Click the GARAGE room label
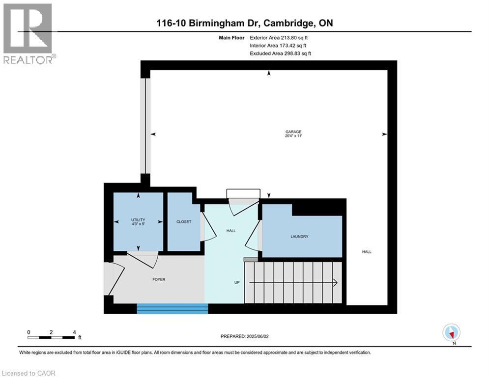click(x=293, y=132)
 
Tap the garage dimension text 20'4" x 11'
click(x=293, y=136)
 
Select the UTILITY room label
click(x=138, y=219)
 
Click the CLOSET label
click(x=184, y=222)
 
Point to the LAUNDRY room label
click(x=299, y=237)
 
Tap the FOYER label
click(x=159, y=279)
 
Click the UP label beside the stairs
click(x=236, y=282)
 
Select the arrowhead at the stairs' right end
click(x=335, y=282)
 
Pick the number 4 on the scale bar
click(x=74, y=332)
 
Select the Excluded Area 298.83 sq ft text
click(x=281, y=54)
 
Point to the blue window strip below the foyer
click(x=172, y=308)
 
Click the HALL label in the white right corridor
click(x=367, y=252)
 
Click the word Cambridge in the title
click(x=283, y=23)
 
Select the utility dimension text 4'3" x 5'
click(x=138, y=224)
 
